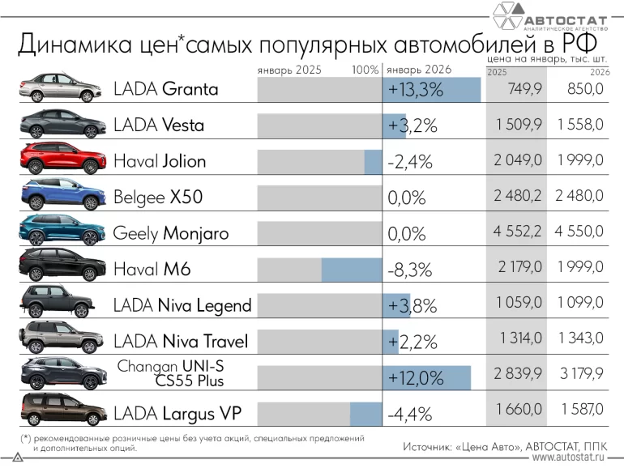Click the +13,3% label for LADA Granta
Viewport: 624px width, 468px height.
tap(416, 90)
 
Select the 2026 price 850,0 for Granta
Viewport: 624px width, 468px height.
tap(582, 89)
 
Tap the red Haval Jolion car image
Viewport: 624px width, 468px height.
tap(62, 160)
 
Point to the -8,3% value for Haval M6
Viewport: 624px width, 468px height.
tap(409, 269)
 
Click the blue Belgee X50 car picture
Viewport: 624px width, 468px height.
tap(62, 195)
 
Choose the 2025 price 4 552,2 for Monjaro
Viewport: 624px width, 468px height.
tap(518, 232)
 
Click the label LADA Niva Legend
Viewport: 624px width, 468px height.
tap(182, 305)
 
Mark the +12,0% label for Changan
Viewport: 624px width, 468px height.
tap(417, 378)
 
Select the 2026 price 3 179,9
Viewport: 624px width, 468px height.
tap(580, 377)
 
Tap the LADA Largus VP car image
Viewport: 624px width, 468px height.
tap(62, 411)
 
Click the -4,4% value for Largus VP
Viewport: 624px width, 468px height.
tap(409, 415)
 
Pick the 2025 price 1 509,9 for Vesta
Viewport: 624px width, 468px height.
tap(518, 125)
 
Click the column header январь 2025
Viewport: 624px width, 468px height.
tap(289, 70)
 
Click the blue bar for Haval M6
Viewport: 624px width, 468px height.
tap(351, 269)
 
